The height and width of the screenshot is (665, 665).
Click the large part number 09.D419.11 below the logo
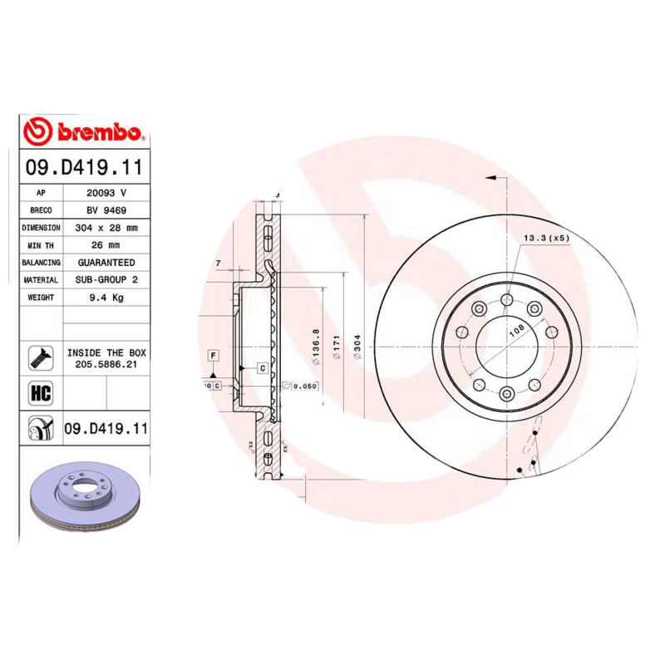click(x=84, y=167)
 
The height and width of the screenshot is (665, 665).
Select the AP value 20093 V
click(x=106, y=193)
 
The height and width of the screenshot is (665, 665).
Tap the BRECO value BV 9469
click(x=106, y=210)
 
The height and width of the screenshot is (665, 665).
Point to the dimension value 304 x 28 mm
click(x=106, y=228)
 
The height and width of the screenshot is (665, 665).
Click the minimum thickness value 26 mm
click(x=106, y=245)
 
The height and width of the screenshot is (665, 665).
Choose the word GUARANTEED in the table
click(x=106, y=263)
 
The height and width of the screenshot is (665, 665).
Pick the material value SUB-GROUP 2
click(x=106, y=280)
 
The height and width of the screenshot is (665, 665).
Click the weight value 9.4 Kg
click(x=106, y=298)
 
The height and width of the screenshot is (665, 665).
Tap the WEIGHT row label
click(x=41, y=298)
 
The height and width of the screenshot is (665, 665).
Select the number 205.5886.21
click(x=106, y=365)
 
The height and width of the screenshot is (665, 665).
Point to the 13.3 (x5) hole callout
click(x=545, y=239)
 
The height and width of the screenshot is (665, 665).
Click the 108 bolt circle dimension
click(x=515, y=330)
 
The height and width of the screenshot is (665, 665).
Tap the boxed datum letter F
click(x=214, y=357)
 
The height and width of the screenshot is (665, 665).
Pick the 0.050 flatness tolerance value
click(x=305, y=387)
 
